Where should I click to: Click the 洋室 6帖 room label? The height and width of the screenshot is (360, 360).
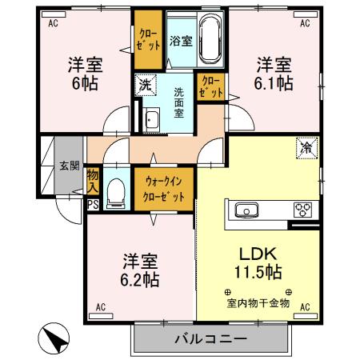(x=84, y=74)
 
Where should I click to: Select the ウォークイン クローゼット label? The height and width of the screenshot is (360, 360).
(x=165, y=190)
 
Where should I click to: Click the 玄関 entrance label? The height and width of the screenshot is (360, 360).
(x=69, y=166)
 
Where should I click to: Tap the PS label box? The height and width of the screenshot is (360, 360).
(x=93, y=205)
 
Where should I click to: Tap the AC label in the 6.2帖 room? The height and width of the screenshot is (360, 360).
(x=102, y=306)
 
